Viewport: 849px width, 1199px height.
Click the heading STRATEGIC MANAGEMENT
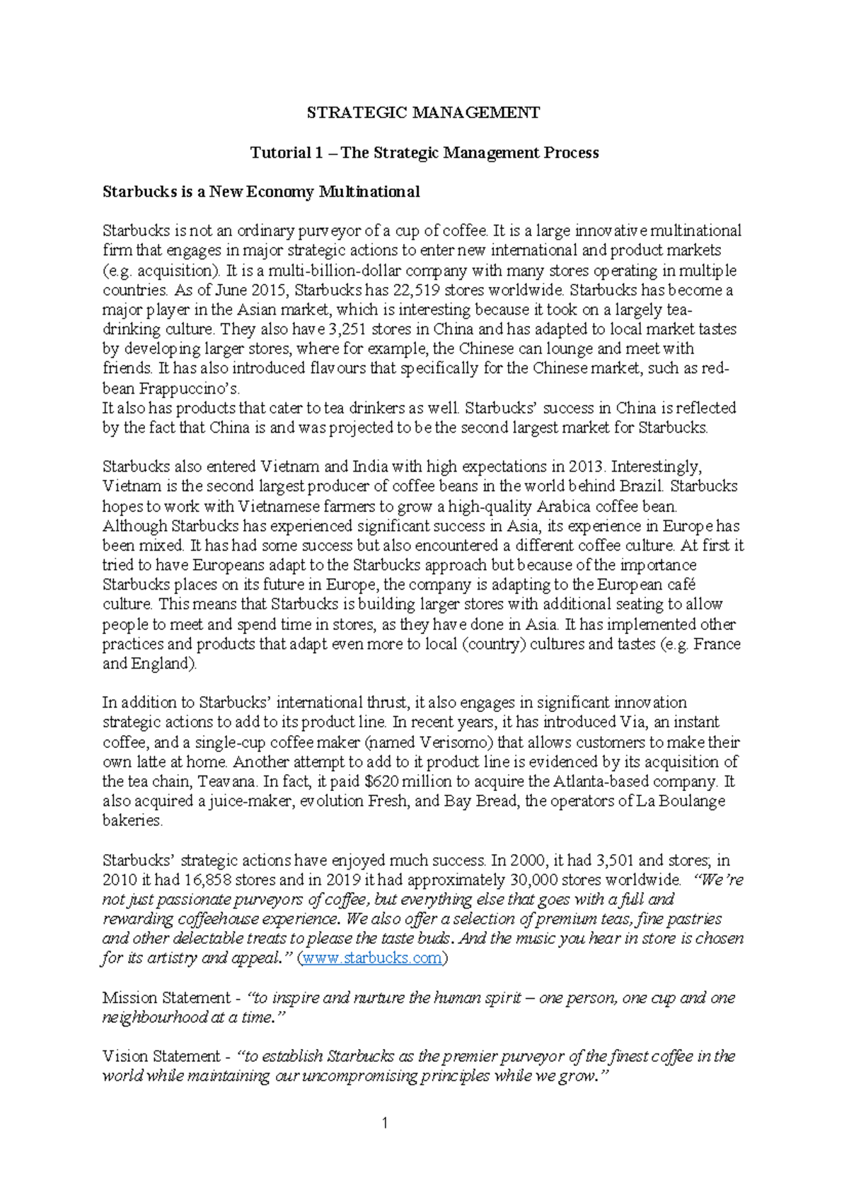point(423,112)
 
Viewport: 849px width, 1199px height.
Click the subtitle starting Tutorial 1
point(424,153)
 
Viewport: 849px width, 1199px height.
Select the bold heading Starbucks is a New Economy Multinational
point(261,192)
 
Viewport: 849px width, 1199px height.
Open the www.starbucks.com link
point(373,959)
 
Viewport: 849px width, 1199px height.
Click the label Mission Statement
point(167,998)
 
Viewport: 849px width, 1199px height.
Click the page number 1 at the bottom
point(384,1123)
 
